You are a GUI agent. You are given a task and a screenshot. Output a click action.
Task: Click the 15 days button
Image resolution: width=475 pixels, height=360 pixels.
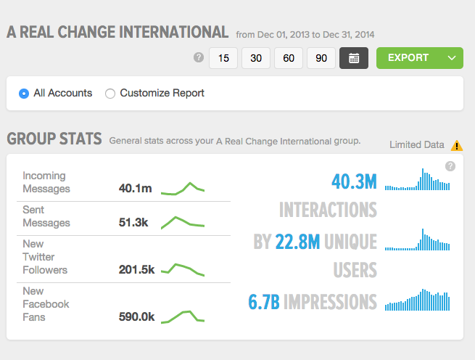(x=223, y=58)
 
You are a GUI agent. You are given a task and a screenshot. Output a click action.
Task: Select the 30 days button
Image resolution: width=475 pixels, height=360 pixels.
(x=256, y=58)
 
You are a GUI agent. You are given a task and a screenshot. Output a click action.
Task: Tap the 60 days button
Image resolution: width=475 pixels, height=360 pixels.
(x=289, y=58)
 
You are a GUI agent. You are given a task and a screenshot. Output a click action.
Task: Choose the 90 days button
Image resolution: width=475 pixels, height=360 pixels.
(x=321, y=58)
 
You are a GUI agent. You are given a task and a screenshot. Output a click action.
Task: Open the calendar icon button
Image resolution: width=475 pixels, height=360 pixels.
(x=354, y=58)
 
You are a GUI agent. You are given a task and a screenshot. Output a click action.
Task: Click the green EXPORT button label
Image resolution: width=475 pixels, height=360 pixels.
(x=408, y=58)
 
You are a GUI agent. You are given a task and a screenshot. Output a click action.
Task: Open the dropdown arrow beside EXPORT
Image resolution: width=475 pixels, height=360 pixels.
(x=452, y=58)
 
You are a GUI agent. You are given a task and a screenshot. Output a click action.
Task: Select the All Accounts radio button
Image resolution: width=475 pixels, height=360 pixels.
(x=24, y=93)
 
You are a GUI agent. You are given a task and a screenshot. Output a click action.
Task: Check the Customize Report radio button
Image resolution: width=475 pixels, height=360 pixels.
(x=110, y=93)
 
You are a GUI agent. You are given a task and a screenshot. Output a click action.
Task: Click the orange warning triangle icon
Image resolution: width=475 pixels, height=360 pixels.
(x=456, y=144)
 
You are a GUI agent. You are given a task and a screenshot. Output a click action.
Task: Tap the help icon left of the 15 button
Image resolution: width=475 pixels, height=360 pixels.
(x=199, y=57)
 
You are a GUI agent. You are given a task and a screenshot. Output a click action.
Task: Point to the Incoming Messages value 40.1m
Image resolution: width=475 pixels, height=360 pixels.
(x=136, y=189)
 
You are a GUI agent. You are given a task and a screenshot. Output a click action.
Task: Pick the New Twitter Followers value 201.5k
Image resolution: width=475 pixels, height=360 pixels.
(x=137, y=270)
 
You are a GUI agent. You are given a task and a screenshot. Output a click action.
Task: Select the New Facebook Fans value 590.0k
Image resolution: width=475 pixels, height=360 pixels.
(x=136, y=317)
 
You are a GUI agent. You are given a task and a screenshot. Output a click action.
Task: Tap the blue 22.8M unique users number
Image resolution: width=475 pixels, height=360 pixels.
(x=297, y=241)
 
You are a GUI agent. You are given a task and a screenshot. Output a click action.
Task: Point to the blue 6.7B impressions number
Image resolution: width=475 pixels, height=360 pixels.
(x=264, y=301)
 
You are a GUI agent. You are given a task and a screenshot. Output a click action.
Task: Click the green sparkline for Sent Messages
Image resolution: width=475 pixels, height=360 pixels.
(x=183, y=221)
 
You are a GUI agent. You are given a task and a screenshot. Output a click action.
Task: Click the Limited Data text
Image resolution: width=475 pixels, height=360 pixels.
(x=417, y=144)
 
